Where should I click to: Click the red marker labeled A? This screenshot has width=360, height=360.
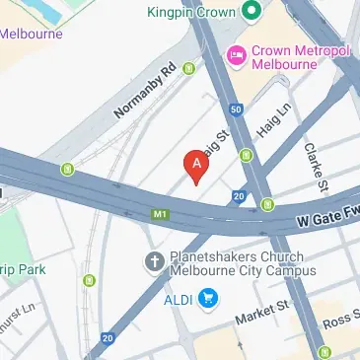(197, 166)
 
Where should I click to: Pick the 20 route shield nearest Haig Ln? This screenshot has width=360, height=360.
(239, 197)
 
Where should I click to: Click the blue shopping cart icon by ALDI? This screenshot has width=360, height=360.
(208, 297)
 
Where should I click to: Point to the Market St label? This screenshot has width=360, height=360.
(258, 319)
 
